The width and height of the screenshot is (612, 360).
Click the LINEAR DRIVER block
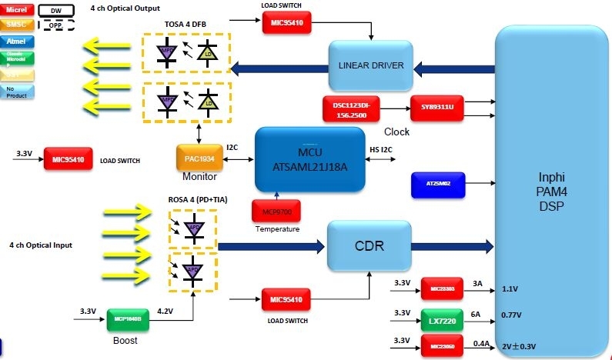371,66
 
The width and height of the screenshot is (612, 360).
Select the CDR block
366,247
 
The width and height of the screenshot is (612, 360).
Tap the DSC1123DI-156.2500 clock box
351,108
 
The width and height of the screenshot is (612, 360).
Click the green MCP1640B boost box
128,318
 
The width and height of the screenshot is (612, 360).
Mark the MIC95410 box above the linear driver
287,23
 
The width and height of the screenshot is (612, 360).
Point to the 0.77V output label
512,314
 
